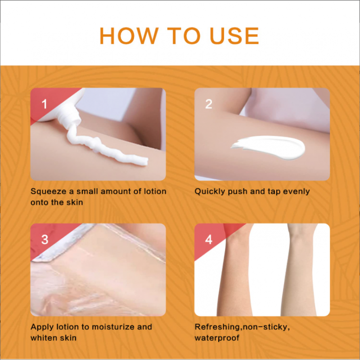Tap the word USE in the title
coord(234,36)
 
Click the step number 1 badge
coord(44,104)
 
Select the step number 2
coord(208,104)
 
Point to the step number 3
coord(45,239)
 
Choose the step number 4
coord(208,239)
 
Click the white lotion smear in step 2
coord(268,148)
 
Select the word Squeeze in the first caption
coord(49,192)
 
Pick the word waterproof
coord(217,338)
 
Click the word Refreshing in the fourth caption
coord(217,327)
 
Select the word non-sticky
coord(265,327)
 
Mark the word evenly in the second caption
coord(297,192)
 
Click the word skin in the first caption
coord(74,202)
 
